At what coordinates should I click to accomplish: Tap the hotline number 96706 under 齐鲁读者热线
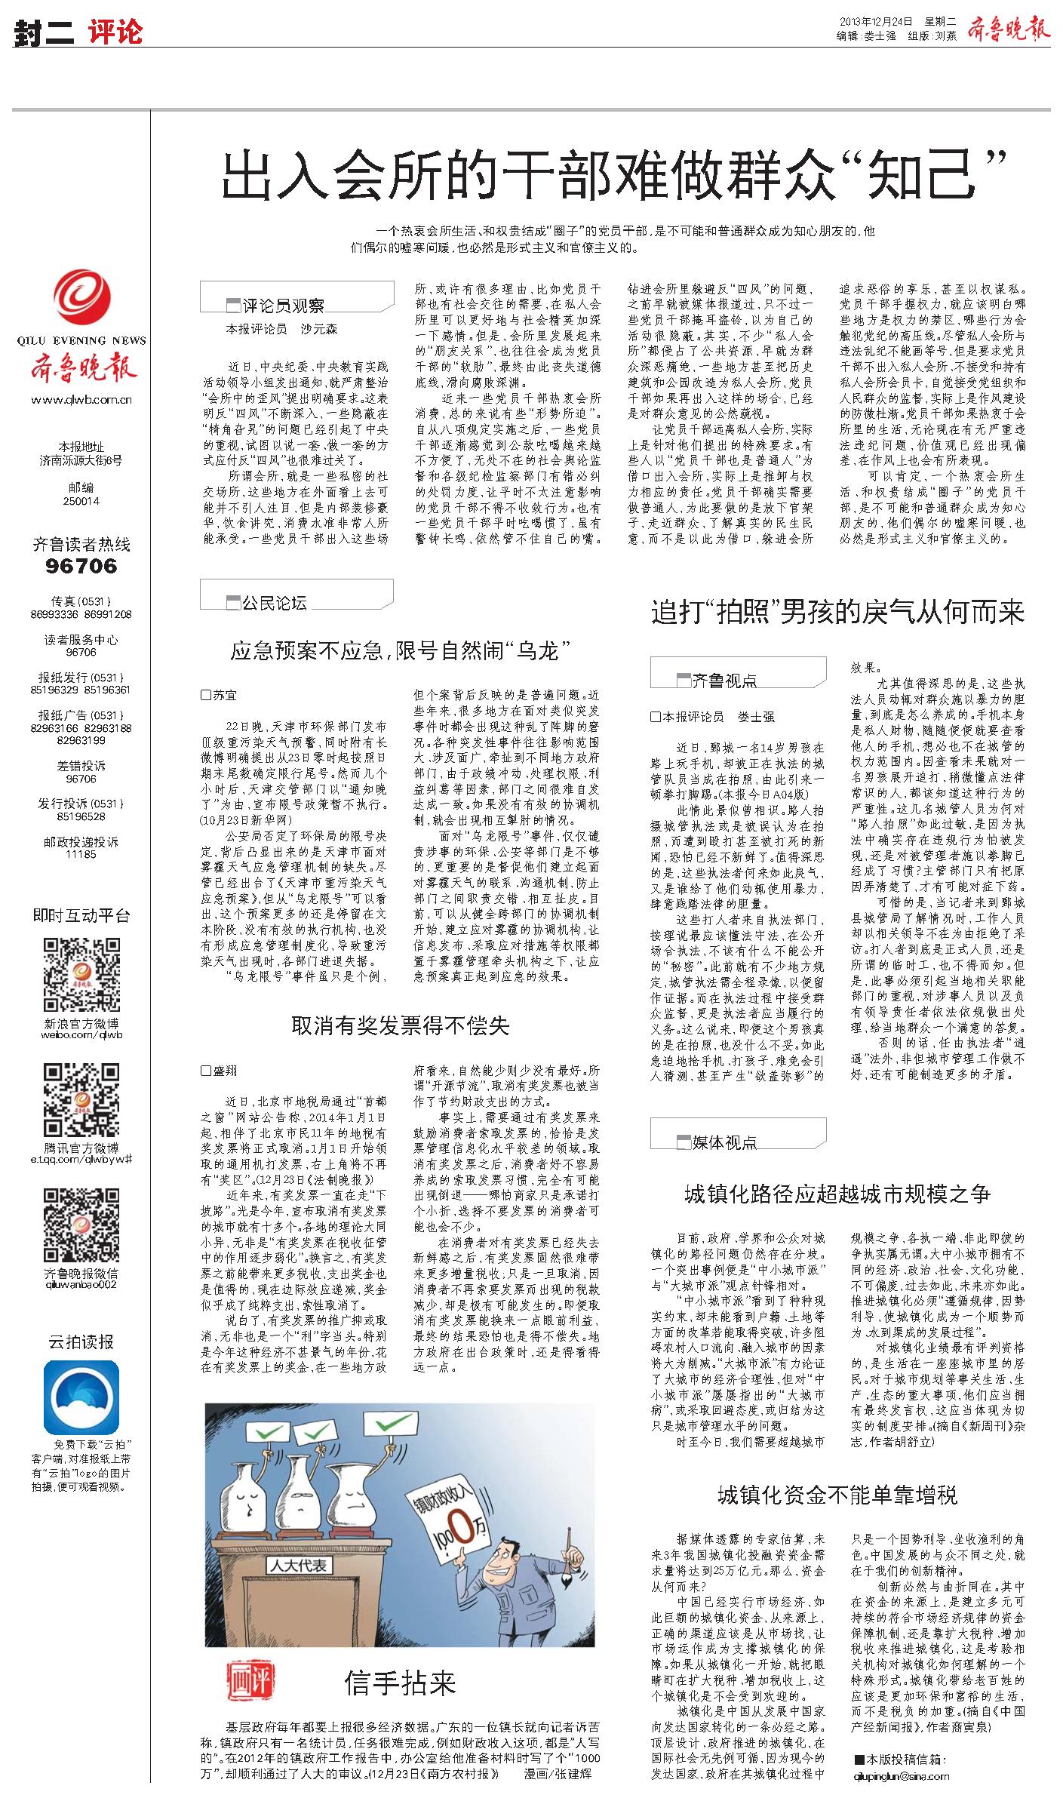(x=81, y=566)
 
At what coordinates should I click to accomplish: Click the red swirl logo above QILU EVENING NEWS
(x=81, y=300)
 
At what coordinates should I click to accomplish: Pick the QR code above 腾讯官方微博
(x=81, y=1101)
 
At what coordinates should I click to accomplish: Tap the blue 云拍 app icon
(x=81, y=1397)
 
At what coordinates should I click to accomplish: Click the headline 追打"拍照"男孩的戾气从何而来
(x=837, y=613)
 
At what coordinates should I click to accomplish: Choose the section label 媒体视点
(x=725, y=1142)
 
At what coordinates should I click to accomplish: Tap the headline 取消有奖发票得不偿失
(x=400, y=1025)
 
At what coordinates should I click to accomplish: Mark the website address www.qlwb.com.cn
(x=81, y=400)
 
